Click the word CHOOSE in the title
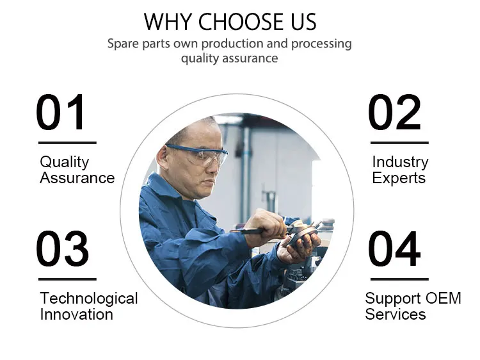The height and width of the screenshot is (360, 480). coord(241,22)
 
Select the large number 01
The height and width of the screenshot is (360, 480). coord(60,112)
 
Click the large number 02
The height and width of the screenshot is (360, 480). coord(395,112)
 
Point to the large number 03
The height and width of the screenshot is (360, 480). coord(63,249)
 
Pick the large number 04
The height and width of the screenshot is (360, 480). coord(395,249)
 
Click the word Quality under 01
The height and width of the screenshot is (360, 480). coord(64,162)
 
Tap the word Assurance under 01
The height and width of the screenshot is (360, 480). coord(77,177)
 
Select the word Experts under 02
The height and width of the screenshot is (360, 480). coord(399,178)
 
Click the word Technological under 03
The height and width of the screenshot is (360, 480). coord(89,299)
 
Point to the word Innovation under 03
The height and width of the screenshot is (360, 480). coord(77,315)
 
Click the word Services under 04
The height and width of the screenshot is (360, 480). coord(396,315)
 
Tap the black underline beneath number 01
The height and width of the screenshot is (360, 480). coord(67,143)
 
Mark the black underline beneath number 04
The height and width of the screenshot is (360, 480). coord(399,279)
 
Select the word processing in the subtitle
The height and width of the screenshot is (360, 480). coord(321,44)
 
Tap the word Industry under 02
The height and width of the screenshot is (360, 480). coord(400,162)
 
